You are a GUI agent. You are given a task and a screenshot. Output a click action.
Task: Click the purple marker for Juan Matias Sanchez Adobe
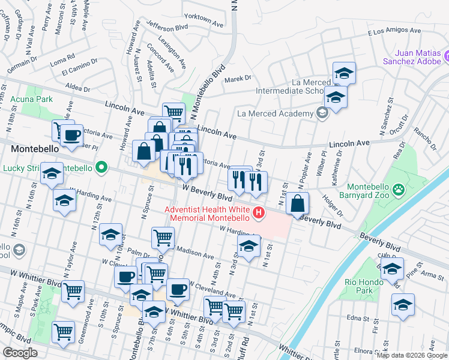[x=447, y=57]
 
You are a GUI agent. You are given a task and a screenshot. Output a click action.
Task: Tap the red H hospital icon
[x=259, y=212]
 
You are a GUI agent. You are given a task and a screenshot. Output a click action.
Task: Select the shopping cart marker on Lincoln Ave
[x=173, y=112]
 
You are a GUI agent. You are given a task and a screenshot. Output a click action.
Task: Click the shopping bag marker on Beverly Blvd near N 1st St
[x=297, y=204]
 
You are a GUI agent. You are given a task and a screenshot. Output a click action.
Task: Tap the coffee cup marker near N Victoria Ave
[x=71, y=135]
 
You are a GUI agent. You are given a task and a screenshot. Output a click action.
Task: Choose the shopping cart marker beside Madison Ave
[x=163, y=238]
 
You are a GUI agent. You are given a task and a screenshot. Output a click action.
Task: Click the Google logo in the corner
[x=20, y=352]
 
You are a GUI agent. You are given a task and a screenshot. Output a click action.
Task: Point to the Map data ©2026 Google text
[x=412, y=355]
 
